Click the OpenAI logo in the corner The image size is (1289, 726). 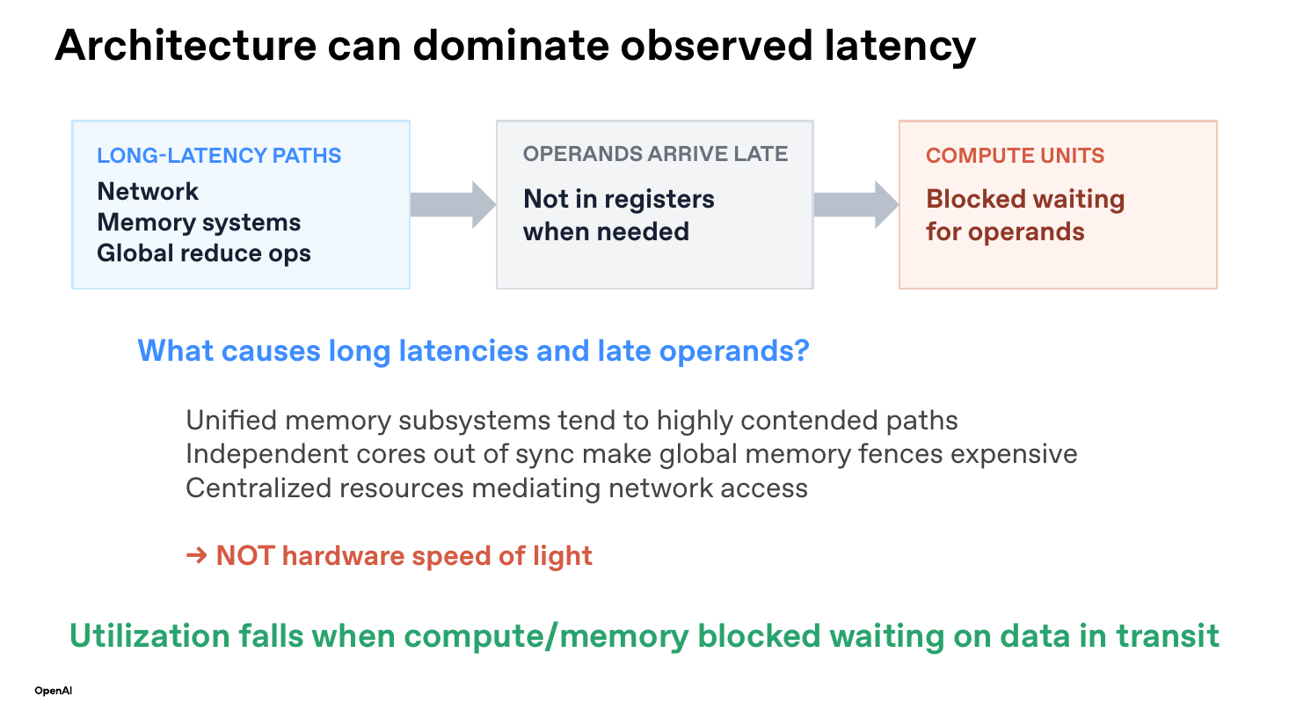53,690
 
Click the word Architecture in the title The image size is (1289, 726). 186,46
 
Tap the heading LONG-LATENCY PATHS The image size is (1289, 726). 219,156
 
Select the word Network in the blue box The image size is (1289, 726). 148,191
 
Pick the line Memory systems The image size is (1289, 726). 199,223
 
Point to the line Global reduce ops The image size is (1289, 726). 204,253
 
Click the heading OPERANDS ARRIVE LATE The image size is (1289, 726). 655,154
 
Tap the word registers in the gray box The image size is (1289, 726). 659,200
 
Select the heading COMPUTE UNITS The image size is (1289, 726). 1015,156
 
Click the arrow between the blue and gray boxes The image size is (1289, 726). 453,205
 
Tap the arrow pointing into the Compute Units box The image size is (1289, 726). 856,205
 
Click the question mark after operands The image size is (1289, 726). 802,350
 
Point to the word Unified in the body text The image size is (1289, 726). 231,421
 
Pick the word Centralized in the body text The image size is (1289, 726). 259,488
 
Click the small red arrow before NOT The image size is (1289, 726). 196,555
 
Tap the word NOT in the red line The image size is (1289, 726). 245,556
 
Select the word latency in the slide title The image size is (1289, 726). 900,47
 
